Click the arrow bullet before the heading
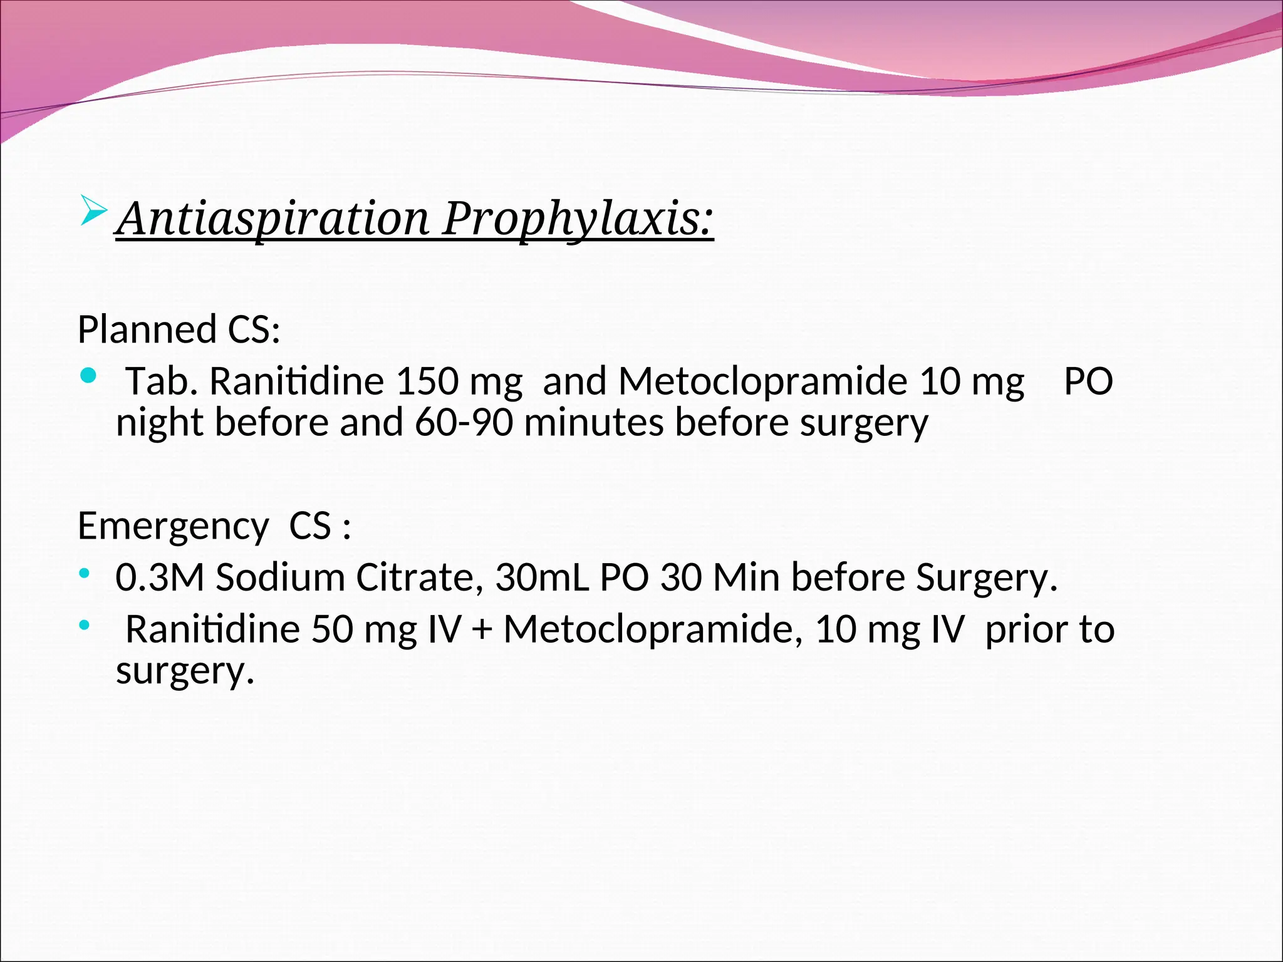[x=93, y=211]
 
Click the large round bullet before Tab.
[x=89, y=376]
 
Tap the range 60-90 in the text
[x=464, y=423]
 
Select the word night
[x=159, y=423]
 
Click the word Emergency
[x=173, y=526]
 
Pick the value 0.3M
[x=160, y=577]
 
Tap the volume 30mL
[x=542, y=577]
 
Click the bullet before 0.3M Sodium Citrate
[x=84, y=573]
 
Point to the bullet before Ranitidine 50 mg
[x=84, y=625]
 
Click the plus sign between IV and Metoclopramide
[x=482, y=630]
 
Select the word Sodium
[x=280, y=577]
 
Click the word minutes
[x=593, y=423]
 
